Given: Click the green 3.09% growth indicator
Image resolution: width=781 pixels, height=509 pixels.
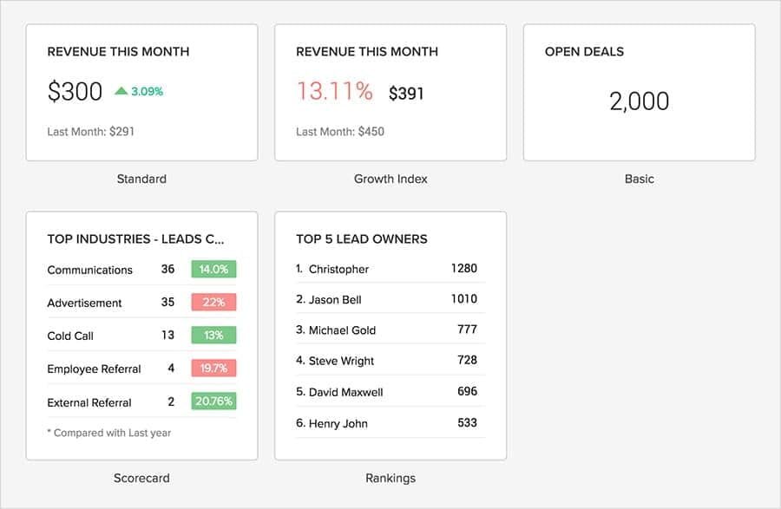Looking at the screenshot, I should pyautogui.click(x=140, y=91).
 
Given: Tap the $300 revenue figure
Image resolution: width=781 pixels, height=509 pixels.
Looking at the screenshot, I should pyautogui.click(x=75, y=92).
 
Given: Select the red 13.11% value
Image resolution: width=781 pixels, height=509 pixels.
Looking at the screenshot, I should pyautogui.click(x=334, y=91).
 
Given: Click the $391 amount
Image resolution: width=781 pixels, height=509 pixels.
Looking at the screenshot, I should pyautogui.click(x=406, y=93).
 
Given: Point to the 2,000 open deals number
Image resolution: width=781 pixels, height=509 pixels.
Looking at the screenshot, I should pyautogui.click(x=639, y=101).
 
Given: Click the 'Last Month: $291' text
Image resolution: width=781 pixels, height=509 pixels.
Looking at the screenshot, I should pyautogui.click(x=91, y=132).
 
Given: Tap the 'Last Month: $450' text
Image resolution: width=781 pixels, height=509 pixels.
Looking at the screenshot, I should pyautogui.click(x=340, y=132).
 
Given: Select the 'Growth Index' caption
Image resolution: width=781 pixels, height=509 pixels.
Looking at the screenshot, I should pyautogui.click(x=390, y=179).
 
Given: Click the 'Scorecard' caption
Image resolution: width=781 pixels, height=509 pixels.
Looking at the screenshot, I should pyautogui.click(x=141, y=478).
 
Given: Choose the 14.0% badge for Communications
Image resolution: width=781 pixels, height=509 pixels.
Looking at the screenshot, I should pyautogui.click(x=213, y=270).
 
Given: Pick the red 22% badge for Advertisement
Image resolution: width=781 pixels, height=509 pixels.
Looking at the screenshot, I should pyautogui.click(x=213, y=303).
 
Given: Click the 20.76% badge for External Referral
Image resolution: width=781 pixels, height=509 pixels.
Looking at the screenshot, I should pyautogui.click(x=213, y=401).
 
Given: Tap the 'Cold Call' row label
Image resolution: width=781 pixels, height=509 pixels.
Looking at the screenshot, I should pyautogui.click(x=70, y=336).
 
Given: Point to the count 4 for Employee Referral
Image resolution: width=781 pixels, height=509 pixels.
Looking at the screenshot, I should pyautogui.click(x=171, y=369).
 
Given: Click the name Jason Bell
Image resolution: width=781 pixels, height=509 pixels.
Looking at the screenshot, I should pyautogui.click(x=335, y=299).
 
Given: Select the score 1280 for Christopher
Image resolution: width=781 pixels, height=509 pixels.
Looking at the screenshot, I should pyautogui.click(x=463, y=269).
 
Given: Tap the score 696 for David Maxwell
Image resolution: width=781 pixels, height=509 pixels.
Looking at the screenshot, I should pyautogui.click(x=467, y=391).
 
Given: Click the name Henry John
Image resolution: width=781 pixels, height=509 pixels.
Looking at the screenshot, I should pyautogui.click(x=338, y=423).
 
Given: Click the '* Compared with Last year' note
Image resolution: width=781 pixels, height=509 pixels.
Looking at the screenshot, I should pyautogui.click(x=109, y=433).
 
